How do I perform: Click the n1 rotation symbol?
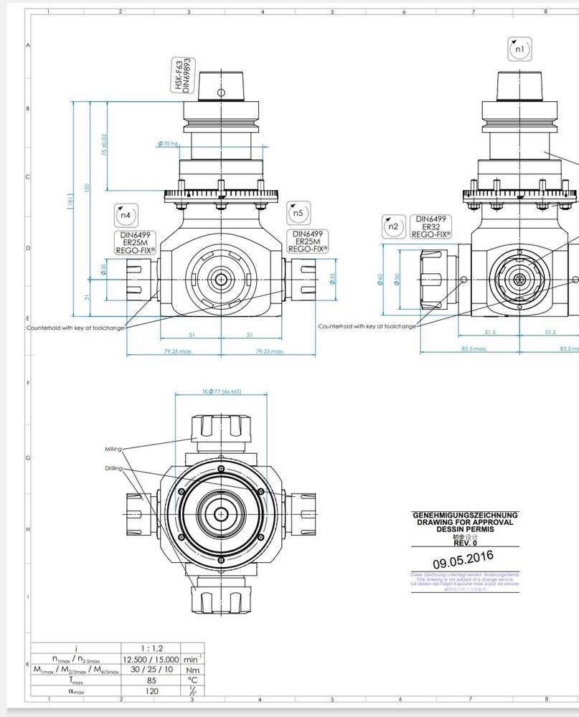point(520,49)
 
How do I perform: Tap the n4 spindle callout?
point(124,214)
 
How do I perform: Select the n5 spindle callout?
point(298,214)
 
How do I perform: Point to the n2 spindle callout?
point(392,227)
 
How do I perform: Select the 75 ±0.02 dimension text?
point(104,145)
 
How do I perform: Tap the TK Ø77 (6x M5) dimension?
point(221,392)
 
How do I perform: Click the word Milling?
point(113,449)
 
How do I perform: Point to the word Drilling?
point(113,468)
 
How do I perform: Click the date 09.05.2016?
point(463,559)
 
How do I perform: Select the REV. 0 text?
point(465,543)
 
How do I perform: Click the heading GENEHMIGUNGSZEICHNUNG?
point(465,516)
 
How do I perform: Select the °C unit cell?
point(192,680)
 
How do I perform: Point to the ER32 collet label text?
point(431,227)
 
